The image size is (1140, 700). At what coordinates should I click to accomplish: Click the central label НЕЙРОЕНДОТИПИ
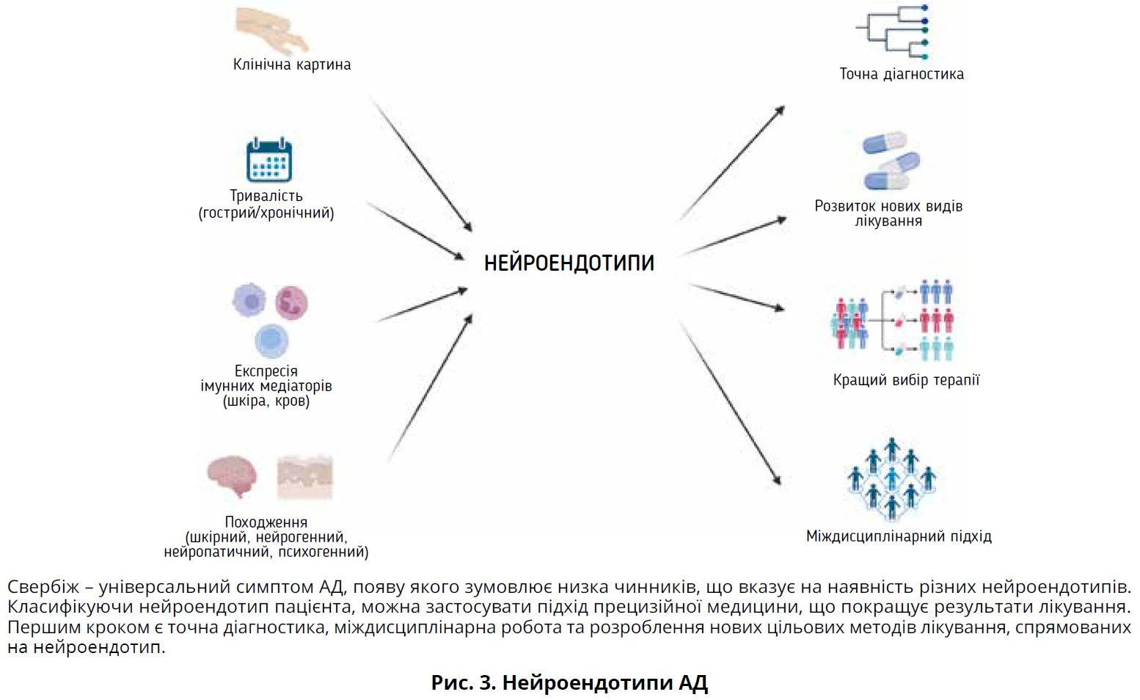569,263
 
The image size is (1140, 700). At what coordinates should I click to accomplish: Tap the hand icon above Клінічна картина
271,29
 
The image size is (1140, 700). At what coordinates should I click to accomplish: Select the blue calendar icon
268,159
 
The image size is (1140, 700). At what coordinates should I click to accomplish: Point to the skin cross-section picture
305,478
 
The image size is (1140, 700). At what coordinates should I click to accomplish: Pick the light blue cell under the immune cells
271,340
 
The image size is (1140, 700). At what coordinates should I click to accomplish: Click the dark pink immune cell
291,302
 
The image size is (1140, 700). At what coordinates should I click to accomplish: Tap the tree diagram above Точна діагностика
894,33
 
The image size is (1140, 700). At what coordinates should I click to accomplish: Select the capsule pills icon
891,161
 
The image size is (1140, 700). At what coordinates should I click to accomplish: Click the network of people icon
891,478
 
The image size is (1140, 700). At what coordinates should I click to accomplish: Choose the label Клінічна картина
292,65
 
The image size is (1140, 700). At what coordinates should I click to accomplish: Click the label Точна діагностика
902,74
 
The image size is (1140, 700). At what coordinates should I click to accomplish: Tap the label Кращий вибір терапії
906,380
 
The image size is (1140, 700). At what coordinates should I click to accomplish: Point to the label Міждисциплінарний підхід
899,536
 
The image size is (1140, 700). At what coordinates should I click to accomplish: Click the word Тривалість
266,196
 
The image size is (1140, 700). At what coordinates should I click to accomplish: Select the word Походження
266,522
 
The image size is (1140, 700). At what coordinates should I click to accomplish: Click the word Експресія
266,371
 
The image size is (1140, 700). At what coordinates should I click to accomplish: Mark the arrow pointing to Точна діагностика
731,163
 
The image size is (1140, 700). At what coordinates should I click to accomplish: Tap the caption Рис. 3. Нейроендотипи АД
569,683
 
